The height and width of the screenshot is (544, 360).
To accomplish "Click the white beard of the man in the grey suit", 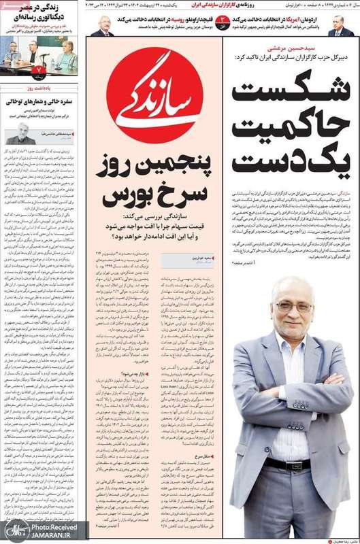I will tap(295, 332).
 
